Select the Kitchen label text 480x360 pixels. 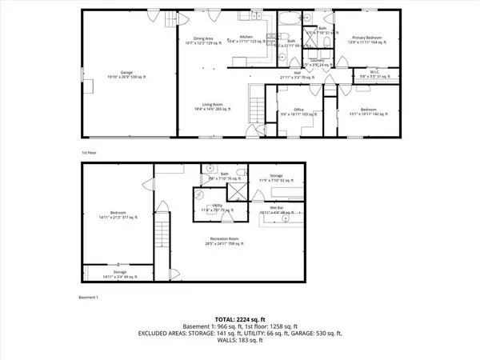[246, 38]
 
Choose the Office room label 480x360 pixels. [298, 110]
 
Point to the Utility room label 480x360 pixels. [217, 207]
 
